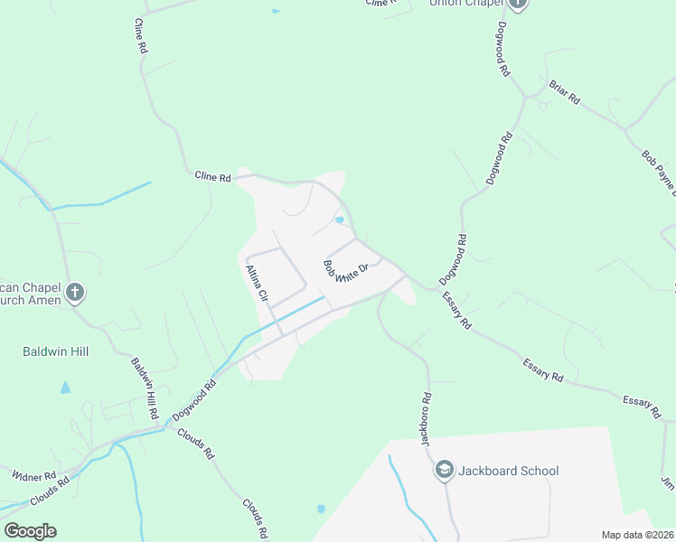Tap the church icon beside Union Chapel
pos(517,4)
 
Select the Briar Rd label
pos(564,93)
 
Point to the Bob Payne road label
pos(658,172)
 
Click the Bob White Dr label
pos(346,271)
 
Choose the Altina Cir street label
pos(258,283)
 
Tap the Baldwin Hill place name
pos(55,350)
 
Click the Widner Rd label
pos(34,475)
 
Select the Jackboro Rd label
pos(425,417)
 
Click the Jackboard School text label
pos(509,471)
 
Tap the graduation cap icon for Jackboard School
pos(445,470)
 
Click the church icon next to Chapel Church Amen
pos(75,293)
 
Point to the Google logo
pos(30,531)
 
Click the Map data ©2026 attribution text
pos(637,535)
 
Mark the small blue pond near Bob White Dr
pos(340,220)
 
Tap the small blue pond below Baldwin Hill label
pos(65,388)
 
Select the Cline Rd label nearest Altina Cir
pos(213,177)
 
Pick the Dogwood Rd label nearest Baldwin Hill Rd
pos(194,397)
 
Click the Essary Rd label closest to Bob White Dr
pos(455,308)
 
